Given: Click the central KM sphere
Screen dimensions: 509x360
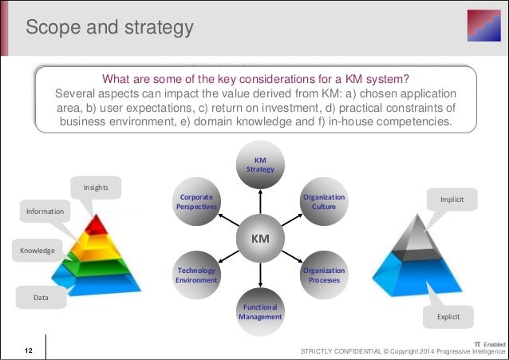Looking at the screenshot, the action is coord(259,239).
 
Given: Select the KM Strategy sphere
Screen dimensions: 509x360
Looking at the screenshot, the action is coord(259,165).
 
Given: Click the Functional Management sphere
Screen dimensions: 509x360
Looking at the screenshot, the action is coord(259,311).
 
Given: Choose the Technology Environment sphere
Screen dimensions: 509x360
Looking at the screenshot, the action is coord(195,275).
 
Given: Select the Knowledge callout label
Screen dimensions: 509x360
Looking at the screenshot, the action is coord(37,251).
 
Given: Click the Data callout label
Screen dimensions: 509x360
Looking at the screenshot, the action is coord(41,297).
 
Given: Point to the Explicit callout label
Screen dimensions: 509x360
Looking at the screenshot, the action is coord(448,317).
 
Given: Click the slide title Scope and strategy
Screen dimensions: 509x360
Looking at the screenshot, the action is coord(110,28).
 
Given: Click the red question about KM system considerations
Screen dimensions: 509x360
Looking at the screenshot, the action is coord(255,78).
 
